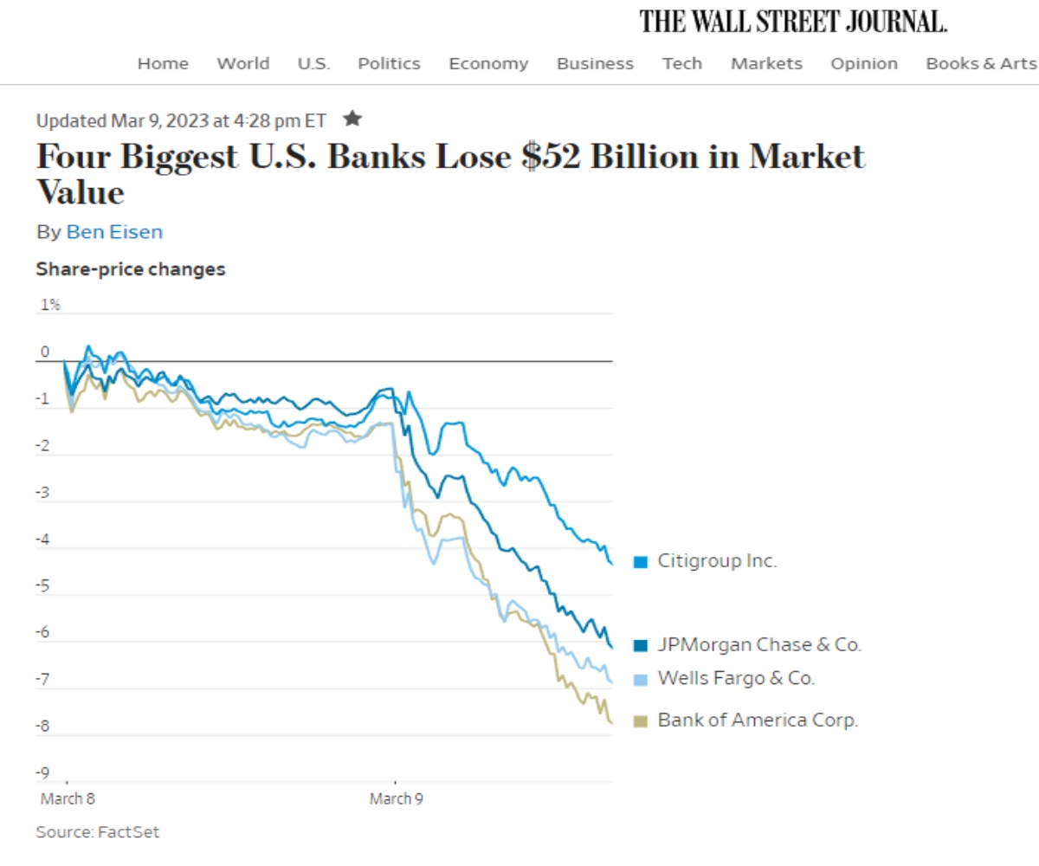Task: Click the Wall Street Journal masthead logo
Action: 793,21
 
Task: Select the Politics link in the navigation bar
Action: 389,63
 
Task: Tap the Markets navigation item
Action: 766,63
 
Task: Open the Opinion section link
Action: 863,63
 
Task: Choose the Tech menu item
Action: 682,63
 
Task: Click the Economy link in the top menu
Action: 488,63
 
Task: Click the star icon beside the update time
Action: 352,118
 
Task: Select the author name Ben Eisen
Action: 114,232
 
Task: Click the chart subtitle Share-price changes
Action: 131,269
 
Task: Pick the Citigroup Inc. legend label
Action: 717,561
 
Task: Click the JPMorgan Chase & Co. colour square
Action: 641,645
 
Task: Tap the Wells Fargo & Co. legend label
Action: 736,678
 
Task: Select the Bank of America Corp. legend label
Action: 758,720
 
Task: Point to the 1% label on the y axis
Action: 50,305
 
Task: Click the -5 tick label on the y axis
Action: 42,586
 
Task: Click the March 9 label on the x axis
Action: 396,798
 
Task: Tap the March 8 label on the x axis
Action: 67,798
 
